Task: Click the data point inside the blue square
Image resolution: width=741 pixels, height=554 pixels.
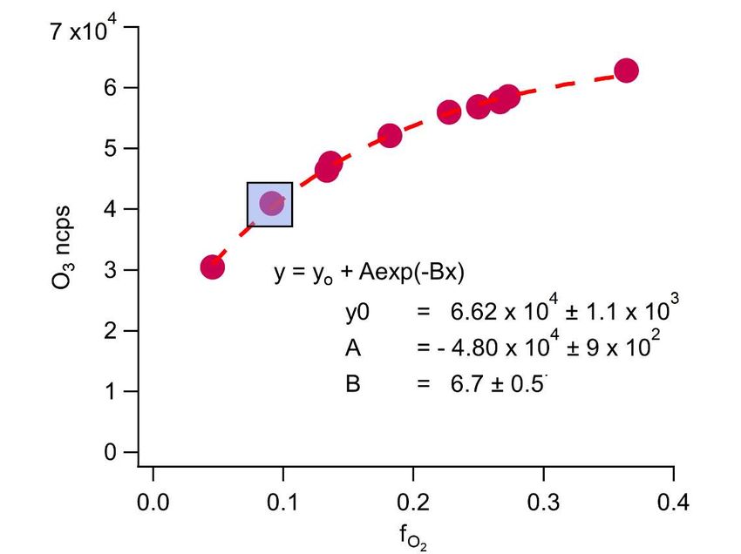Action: coord(272,203)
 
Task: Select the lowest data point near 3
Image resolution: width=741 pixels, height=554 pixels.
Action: coord(213,267)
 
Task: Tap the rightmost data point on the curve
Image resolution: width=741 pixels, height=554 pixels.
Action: coord(626,71)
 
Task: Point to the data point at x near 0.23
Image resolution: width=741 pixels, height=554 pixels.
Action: coord(449,111)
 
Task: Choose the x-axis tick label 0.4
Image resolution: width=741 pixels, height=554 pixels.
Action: coord(673,503)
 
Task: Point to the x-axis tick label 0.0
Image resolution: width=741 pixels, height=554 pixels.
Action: coord(153,503)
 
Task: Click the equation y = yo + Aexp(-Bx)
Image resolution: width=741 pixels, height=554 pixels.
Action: coord(370,273)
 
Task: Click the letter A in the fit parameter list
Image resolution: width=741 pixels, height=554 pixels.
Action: coord(352,348)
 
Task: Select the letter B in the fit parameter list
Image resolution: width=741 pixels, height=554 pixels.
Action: coord(352,383)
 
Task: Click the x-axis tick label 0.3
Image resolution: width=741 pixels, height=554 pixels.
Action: coord(542,503)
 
